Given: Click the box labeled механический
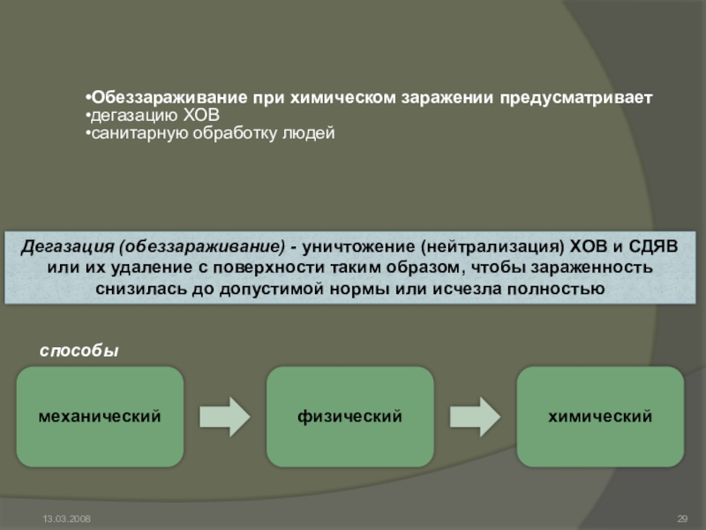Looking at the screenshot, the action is pyautogui.click(x=100, y=415).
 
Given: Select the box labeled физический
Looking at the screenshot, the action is pyautogui.click(x=350, y=415).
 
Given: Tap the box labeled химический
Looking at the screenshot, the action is pyautogui.click(x=600, y=415).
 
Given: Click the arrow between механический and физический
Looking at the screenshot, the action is pyautogui.click(x=225, y=415).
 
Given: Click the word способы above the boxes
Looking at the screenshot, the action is pyautogui.click(x=79, y=352).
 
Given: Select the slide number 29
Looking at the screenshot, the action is pyautogui.click(x=681, y=517).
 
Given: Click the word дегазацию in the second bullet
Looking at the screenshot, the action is pyautogui.click(x=128, y=116).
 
